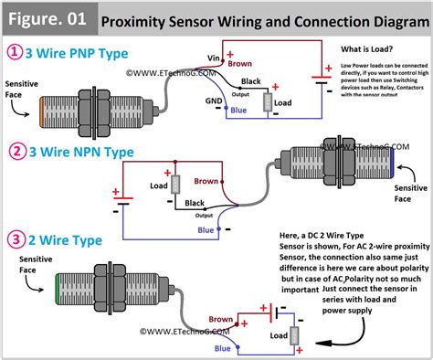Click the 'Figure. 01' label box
coord(46,17)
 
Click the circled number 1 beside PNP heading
coord(15,53)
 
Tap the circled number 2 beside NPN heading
coord(15,151)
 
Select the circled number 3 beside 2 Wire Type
coord(15,242)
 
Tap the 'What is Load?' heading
coord(367,48)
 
